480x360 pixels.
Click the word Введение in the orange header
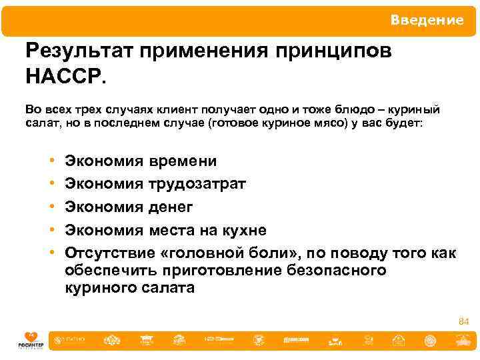click(427, 21)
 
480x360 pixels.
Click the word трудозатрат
click(197, 183)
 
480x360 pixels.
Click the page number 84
click(463, 322)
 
